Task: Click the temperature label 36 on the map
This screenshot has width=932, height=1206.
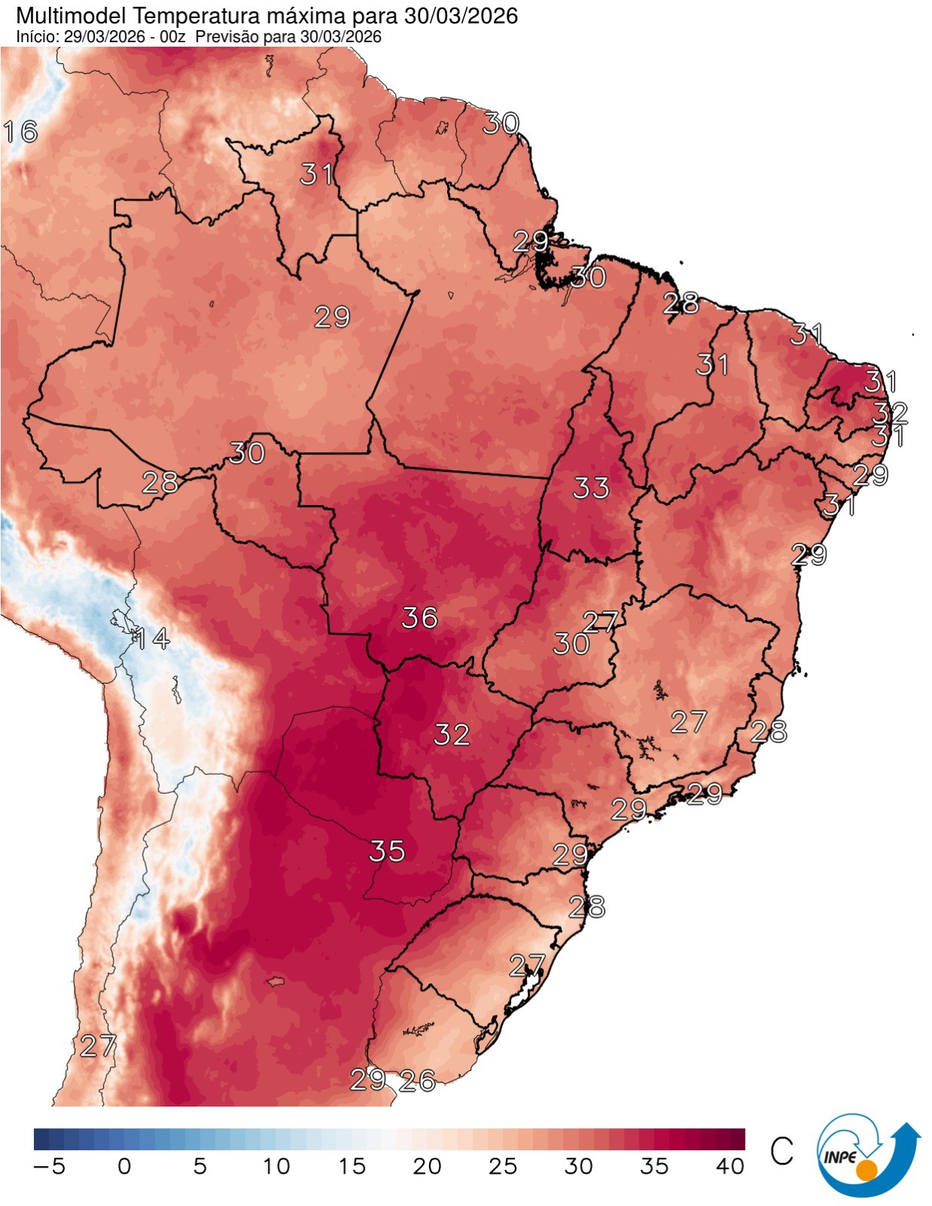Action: click(419, 617)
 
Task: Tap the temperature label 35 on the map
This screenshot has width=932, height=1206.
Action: click(387, 851)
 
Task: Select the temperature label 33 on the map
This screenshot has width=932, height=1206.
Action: click(590, 488)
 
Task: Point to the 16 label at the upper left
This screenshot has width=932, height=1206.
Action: click(20, 132)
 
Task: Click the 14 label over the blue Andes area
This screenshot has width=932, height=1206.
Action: click(152, 638)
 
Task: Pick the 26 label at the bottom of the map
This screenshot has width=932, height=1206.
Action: click(417, 1081)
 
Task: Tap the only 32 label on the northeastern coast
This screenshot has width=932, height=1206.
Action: click(890, 412)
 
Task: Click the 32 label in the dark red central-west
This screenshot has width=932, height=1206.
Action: click(452, 734)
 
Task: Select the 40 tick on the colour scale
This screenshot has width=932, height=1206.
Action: click(730, 1167)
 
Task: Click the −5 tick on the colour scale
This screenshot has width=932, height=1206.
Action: click(50, 1167)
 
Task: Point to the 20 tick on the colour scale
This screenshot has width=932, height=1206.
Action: click(427, 1167)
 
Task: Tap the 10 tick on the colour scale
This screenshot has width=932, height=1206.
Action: click(276, 1167)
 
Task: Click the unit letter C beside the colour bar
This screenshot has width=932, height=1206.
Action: click(782, 1151)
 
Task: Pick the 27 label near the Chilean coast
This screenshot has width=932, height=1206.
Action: click(98, 1045)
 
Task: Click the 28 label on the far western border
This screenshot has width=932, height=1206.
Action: click(160, 482)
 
